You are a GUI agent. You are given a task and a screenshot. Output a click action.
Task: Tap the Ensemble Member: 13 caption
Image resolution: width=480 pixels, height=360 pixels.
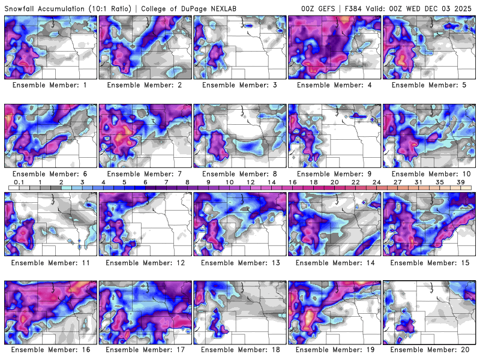pyautogui.click(x=242, y=262)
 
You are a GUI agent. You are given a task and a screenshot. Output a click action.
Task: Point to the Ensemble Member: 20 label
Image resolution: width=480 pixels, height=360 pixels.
pyautogui.click(x=431, y=349)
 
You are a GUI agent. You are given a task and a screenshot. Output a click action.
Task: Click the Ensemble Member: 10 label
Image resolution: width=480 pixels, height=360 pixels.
pyautogui.click(x=431, y=174)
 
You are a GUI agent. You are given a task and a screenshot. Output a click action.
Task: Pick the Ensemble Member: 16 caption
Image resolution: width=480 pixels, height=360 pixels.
pyautogui.click(x=52, y=349)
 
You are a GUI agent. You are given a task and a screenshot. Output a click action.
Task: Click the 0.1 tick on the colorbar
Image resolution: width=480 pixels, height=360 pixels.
pyautogui.click(x=19, y=182)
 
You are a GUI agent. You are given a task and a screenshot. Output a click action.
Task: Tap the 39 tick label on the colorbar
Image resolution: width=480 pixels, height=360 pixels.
pyautogui.click(x=461, y=182)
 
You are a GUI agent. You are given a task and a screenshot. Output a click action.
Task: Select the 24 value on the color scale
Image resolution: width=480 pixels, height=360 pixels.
pyautogui.click(x=376, y=182)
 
